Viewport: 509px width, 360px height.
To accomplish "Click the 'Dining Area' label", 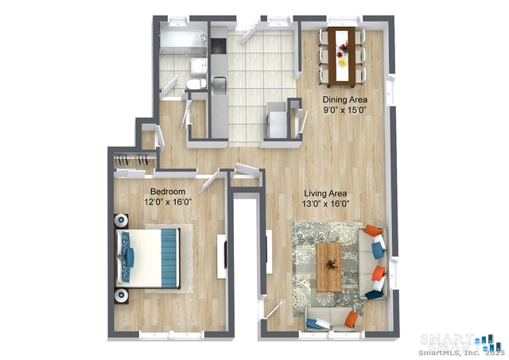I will [x=345, y=99].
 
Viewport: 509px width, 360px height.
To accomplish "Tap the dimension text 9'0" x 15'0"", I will [x=345, y=110].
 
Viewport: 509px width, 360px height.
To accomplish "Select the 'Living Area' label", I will [x=326, y=192].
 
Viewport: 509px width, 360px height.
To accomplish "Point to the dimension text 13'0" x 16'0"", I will [x=326, y=203].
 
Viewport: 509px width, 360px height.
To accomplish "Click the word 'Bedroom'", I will [x=168, y=192].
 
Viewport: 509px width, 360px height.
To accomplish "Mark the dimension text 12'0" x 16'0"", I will [x=168, y=203].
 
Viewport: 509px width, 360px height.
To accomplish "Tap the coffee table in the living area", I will [x=328, y=266].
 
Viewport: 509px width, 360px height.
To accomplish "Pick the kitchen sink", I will [x=219, y=81].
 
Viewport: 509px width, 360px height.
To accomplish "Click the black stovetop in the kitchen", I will [x=219, y=44].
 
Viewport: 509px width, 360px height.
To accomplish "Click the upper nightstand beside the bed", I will [x=121, y=220].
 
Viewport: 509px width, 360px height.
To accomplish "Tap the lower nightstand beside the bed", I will [x=121, y=296].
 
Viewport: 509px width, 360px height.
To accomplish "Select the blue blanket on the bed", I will [x=170, y=257].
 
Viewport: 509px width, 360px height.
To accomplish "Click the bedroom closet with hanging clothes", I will [x=132, y=161].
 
